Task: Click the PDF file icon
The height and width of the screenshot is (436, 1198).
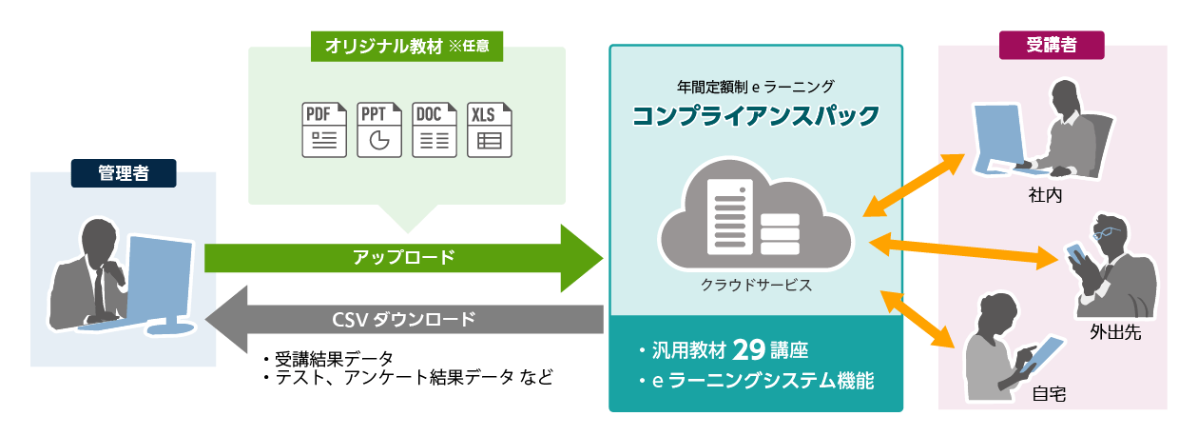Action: click(324, 129)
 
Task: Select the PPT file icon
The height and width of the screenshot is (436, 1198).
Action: click(379, 129)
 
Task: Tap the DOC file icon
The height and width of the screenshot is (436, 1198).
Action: click(435, 129)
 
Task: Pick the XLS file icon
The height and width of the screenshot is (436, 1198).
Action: click(490, 129)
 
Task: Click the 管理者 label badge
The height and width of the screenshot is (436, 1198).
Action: click(124, 172)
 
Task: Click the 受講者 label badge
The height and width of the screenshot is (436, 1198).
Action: click(1052, 44)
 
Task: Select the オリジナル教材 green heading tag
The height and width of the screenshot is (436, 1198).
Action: click(407, 45)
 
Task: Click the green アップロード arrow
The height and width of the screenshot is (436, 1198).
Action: click(404, 257)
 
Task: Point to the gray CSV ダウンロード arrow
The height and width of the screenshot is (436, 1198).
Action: click(404, 319)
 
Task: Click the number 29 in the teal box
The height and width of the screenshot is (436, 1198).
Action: click(749, 349)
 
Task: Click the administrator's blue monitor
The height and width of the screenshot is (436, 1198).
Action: click(159, 276)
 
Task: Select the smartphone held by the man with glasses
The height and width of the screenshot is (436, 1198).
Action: click(1075, 254)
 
